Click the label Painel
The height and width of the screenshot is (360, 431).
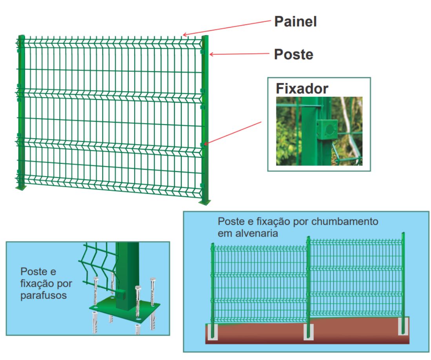[x=295, y=22]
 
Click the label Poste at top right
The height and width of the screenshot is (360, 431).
[x=293, y=54]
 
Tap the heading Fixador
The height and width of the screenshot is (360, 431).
[x=302, y=89]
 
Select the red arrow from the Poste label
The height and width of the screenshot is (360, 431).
[x=239, y=54]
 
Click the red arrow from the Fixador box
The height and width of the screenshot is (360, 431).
[x=233, y=133]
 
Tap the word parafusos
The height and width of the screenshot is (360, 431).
[x=43, y=295]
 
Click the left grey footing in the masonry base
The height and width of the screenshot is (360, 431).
[x=213, y=331]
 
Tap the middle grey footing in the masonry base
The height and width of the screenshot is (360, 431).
[x=309, y=332]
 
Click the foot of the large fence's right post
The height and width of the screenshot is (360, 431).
[x=205, y=202]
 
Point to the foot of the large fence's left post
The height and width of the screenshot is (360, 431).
[x=21, y=188]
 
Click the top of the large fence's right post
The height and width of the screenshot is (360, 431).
[x=205, y=37]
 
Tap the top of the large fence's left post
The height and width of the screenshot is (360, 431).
[x=22, y=37]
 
